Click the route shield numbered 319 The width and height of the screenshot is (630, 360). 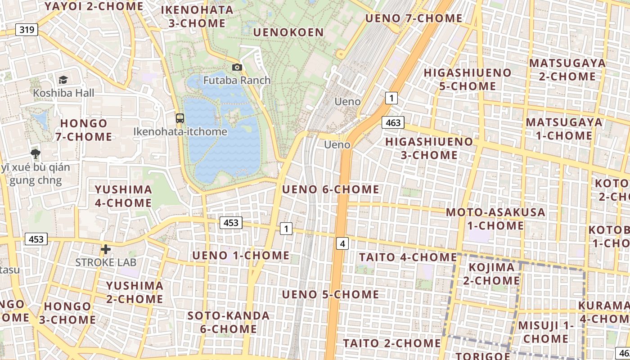[27, 30]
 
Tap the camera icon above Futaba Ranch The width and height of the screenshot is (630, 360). [237, 67]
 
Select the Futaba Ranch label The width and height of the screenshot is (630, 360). [237, 80]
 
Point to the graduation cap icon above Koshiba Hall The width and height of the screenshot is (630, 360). [63, 80]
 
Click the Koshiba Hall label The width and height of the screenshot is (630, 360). [63, 93]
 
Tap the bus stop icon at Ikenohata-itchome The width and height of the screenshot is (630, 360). [180, 118]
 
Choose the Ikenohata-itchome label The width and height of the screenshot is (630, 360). [180, 131]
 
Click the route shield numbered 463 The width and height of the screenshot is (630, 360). [392, 122]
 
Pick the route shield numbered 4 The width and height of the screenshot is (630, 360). [343, 244]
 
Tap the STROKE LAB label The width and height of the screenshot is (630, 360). [105, 262]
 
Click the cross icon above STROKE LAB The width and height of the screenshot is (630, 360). [106, 249]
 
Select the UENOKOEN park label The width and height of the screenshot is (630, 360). [288, 32]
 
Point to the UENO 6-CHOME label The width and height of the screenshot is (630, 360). [330, 189]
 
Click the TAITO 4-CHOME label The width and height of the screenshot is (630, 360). [408, 257]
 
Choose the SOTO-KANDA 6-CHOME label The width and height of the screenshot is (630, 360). [229, 322]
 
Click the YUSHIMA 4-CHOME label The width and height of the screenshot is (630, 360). [123, 196]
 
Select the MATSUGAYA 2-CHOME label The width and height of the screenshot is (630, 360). [567, 70]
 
